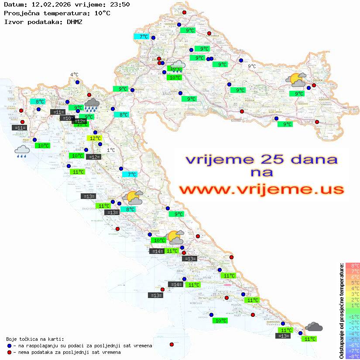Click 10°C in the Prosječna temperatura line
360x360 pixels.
point(102,13)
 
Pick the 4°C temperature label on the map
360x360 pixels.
point(75,75)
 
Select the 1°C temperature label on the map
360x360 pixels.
point(111,150)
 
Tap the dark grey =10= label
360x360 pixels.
point(67,118)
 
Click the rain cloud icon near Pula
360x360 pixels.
point(22,151)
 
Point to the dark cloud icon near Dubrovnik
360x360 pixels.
point(314,326)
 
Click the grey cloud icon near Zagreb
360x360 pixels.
point(177,66)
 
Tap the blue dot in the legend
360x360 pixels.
point(9,346)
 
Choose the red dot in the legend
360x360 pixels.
point(9,352)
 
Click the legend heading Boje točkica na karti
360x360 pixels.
point(35,339)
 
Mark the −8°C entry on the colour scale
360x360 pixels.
point(353,356)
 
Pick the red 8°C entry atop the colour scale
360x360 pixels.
point(353,265)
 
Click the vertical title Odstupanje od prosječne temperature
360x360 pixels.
point(341,311)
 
